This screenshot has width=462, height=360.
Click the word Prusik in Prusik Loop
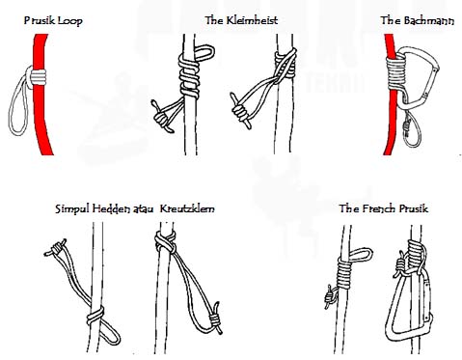point(37,21)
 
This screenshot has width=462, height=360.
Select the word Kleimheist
point(252,20)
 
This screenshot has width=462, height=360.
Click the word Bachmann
point(429,21)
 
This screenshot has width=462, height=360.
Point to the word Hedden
point(112,208)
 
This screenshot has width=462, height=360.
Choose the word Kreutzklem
point(187,208)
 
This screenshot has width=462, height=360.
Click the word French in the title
point(379,208)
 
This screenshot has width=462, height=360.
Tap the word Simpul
point(72,209)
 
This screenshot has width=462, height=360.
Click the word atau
point(143,209)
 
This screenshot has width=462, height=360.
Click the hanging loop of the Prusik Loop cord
point(18,103)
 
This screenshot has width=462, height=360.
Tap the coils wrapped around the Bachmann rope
point(396,72)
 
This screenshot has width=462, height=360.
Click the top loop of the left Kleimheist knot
point(204,52)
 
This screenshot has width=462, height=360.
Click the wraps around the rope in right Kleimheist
point(285,65)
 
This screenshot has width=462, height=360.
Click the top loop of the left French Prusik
point(361,255)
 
